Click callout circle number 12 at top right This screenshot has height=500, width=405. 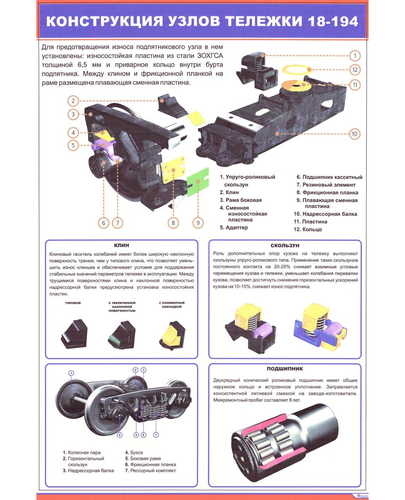tap(355, 69)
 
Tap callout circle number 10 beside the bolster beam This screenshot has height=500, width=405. tap(354, 134)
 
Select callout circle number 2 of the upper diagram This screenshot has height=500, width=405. tap(73, 101)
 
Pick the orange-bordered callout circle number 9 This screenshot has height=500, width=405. tap(198, 223)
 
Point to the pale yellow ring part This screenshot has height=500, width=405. tap(296, 69)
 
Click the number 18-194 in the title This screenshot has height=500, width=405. tap(333, 21)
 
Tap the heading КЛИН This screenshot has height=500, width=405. tap(121, 245)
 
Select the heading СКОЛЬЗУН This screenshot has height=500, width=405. tap(285, 245)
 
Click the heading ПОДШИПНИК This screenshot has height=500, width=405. tap(284, 369)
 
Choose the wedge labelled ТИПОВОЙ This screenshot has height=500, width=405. tap(74, 333)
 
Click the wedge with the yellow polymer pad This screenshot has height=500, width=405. tap(172, 335)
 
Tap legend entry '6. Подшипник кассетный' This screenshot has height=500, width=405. tap(330, 177)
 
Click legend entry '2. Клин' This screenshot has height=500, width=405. tap(229, 192)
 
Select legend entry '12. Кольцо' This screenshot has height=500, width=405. tap(308, 229)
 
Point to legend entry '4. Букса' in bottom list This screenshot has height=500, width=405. tap(134, 452)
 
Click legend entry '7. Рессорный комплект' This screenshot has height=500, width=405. tap(150, 470)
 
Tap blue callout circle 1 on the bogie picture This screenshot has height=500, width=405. tap(72, 373)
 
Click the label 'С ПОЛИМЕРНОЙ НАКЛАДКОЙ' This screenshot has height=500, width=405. tap(172, 304)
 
